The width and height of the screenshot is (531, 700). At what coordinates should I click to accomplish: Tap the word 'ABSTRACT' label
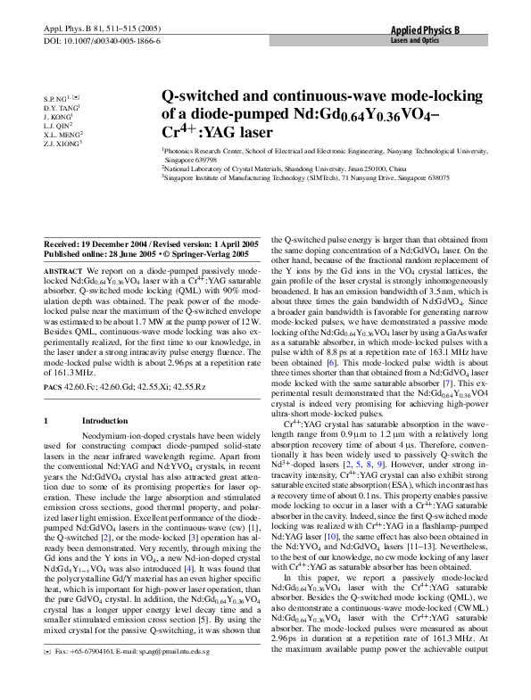pos(62,269)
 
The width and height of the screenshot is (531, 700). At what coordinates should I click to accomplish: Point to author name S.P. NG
pos(57,95)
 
